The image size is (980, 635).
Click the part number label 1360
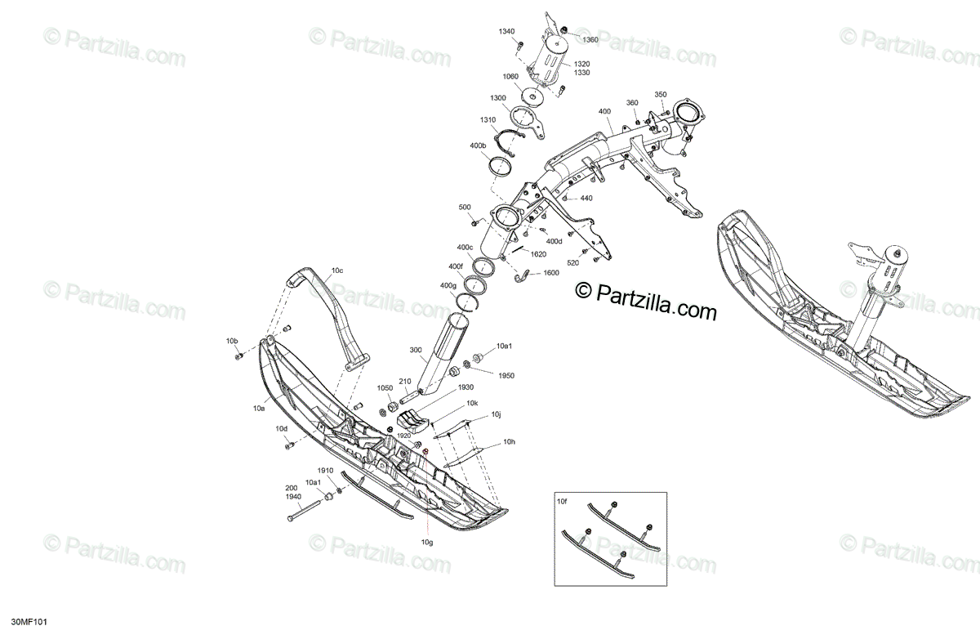[590, 39]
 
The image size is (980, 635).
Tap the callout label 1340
[507, 31]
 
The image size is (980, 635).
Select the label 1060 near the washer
[510, 77]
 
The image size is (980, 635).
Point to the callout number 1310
[488, 120]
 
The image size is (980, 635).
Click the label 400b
[478, 145]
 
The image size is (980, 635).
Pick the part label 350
[661, 95]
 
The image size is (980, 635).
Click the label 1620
[538, 254]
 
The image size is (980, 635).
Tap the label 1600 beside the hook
[551, 273]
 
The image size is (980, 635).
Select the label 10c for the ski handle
[337, 270]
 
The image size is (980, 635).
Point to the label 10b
[233, 340]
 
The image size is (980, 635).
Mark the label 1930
[465, 387]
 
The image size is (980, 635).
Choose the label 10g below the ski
[427, 542]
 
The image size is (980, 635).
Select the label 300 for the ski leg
[416, 350]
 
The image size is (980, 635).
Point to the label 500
[465, 207]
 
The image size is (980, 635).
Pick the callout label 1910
[326, 472]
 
